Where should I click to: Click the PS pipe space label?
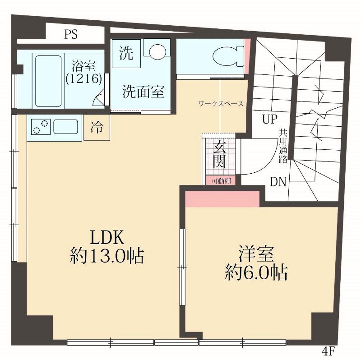click(71, 34)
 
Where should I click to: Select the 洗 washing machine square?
click(126, 53)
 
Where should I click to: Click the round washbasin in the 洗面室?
click(157, 51)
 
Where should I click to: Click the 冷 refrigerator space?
click(97, 127)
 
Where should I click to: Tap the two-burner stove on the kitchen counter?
click(41, 127)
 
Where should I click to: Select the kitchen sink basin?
click(65, 127)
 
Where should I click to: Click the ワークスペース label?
click(221, 104)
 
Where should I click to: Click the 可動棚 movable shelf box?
click(221, 181)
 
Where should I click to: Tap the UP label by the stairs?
click(270, 119)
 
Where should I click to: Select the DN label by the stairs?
click(278, 182)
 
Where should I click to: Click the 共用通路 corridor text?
click(283, 146)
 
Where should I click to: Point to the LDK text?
click(107, 238)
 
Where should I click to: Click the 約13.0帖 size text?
click(107, 256)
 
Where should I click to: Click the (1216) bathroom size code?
click(84, 79)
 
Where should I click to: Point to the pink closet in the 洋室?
click(222, 199)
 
